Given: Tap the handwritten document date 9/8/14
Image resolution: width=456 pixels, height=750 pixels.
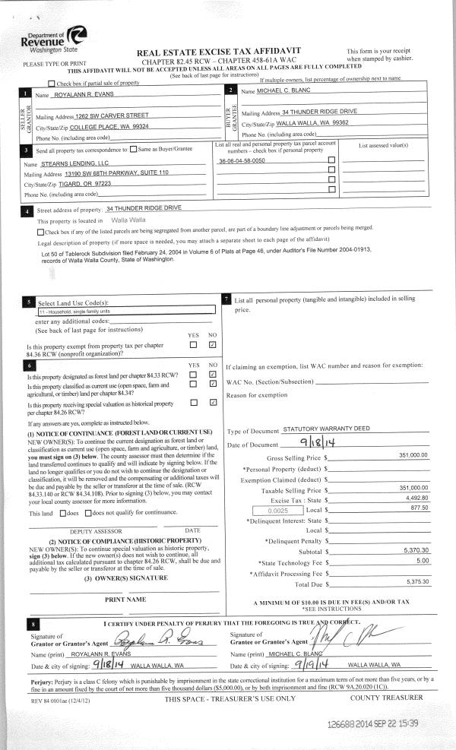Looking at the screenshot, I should pyautogui.click(x=314, y=442).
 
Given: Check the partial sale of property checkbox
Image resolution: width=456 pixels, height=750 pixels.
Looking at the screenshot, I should pyautogui.click(x=52, y=83).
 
